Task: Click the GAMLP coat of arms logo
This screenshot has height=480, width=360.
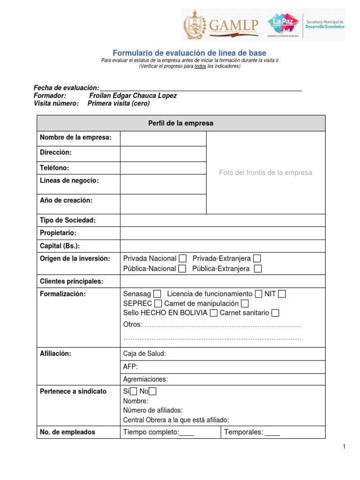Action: (x=195, y=25)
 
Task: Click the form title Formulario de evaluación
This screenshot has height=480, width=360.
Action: (x=189, y=53)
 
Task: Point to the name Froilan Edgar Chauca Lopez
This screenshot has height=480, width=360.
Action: (x=133, y=96)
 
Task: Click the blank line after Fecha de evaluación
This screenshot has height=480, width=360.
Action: (x=201, y=88)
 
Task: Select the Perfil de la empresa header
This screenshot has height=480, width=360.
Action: (x=181, y=123)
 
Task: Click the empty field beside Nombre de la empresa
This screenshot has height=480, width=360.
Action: (x=163, y=138)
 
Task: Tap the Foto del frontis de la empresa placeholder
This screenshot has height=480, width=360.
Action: (x=265, y=172)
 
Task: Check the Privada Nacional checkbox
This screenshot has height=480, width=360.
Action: (x=183, y=259)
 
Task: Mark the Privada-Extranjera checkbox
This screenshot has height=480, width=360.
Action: (x=257, y=259)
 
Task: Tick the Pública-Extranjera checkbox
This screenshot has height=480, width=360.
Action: (x=258, y=269)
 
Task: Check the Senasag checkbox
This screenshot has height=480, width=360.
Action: (x=157, y=294)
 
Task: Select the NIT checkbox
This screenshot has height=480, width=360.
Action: (x=282, y=294)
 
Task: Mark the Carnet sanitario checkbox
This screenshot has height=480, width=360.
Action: (x=275, y=313)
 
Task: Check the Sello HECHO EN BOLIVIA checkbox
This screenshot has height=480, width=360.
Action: (x=214, y=313)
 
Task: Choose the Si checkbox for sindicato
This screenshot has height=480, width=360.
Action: (x=134, y=392)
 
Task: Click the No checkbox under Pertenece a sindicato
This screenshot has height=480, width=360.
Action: (x=153, y=392)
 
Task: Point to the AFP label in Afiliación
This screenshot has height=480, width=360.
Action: (x=130, y=367)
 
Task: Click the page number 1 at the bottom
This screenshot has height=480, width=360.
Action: (x=344, y=447)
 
